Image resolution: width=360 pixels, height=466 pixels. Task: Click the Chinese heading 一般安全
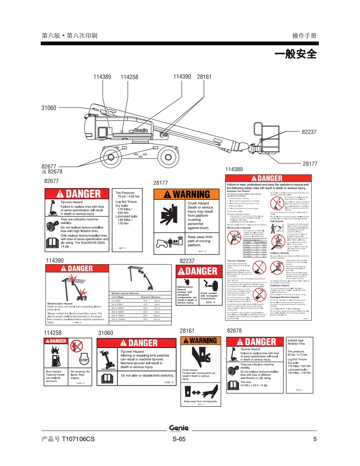pos(296,54)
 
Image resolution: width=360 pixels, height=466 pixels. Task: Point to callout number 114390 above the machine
pos(182,77)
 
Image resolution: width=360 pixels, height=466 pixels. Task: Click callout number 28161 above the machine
pos(204,77)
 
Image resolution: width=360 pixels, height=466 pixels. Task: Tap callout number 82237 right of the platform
pos(309,132)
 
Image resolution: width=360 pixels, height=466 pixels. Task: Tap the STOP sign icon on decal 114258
pos(84,360)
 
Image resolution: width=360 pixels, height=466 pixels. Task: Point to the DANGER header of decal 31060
pos(137,343)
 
